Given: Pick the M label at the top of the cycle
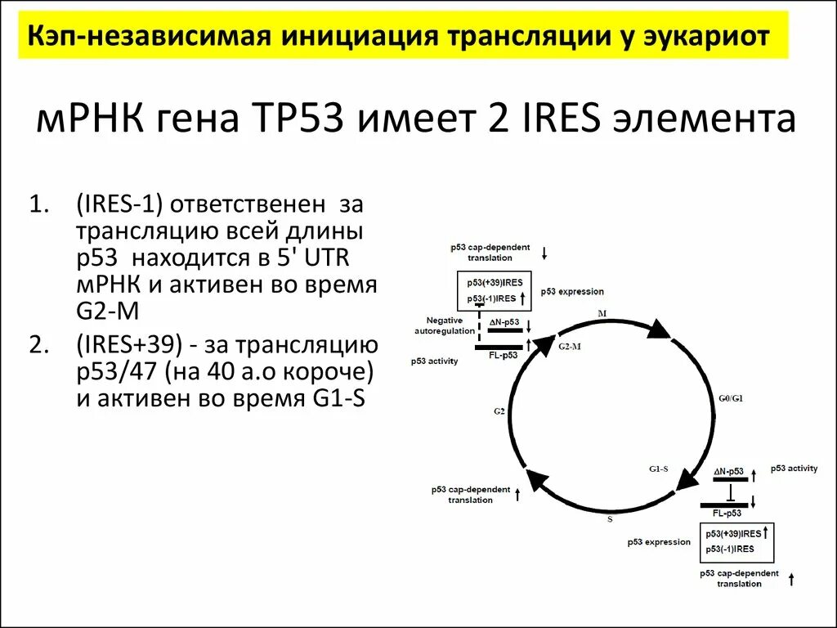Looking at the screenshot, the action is click(x=602, y=313).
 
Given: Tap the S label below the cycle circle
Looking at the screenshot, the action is click(x=609, y=518).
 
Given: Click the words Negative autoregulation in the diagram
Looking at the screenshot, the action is click(x=444, y=325).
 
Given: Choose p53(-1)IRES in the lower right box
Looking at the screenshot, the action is click(x=730, y=549).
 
